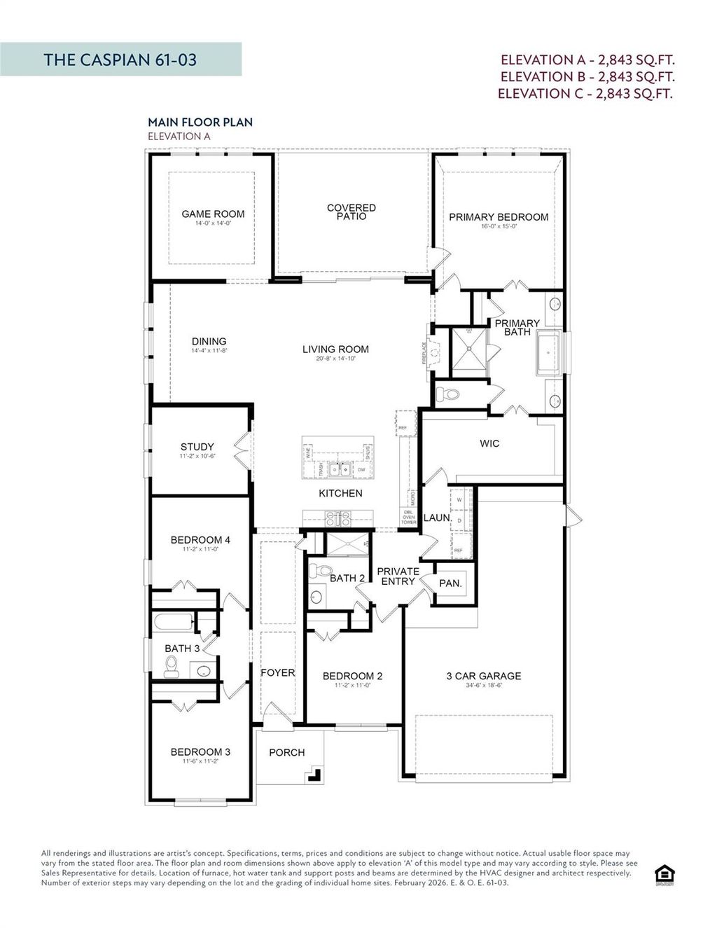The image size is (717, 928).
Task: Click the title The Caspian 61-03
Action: pos(120,60)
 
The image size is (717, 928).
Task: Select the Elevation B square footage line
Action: pos(587,77)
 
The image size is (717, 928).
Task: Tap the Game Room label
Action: pos(213,214)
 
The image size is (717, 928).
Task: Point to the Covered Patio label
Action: pos(351,212)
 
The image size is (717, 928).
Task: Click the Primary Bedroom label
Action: pos(499,217)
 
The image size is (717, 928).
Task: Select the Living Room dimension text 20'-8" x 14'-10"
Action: pos(335,359)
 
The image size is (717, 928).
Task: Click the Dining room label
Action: pos(209,341)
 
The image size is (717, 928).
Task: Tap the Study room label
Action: pos(197,447)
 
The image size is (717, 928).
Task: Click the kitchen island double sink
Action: pos(340,469)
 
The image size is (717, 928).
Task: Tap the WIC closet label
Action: pos(489,443)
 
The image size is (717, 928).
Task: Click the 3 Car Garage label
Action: pos(484,676)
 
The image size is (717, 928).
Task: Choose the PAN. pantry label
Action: pos(450,583)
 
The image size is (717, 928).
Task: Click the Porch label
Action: pos(286,752)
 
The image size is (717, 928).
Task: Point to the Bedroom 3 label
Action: pos(200,752)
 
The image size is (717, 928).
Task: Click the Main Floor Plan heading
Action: pos(200,122)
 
